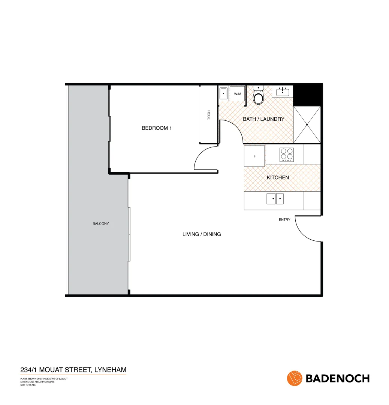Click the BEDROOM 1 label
[x=156, y=128]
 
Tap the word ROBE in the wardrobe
[x=209, y=115]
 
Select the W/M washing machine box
[x=238, y=94]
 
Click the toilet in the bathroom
[x=258, y=97]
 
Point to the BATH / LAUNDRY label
[x=263, y=119]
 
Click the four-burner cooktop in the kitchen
[x=287, y=155]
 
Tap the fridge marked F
[x=254, y=156]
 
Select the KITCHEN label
[x=278, y=177]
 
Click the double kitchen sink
[x=275, y=199]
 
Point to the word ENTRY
[x=284, y=220]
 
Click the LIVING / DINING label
[x=202, y=234]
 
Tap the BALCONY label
[x=100, y=224]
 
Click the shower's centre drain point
[x=307, y=124]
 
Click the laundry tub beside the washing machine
[x=223, y=94]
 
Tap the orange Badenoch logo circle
[x=295, y=378]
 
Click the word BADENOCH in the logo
[x=338, y=378]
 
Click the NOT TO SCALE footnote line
[x=28, y=385]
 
